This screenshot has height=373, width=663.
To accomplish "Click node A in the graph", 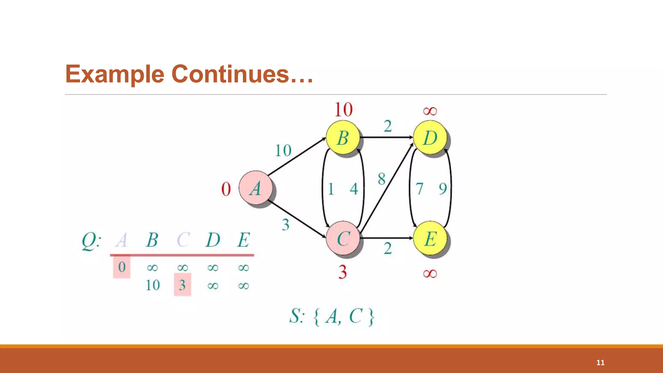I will tap(255, 188).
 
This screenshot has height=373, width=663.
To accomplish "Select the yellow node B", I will tap(343, 138).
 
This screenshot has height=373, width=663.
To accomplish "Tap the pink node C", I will tap(343, 239).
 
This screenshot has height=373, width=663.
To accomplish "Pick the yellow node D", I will tap(430, 138).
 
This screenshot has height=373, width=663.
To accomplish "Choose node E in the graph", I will tap(430, 239).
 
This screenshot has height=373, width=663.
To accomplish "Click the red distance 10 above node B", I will tap(343, 109).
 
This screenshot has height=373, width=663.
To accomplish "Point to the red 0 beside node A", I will tap(226, 189).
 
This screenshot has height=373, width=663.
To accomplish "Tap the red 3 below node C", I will tap(343, 272).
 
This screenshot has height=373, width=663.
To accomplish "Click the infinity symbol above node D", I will tap(430, 111).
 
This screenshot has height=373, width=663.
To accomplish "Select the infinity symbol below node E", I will tap(430, 274).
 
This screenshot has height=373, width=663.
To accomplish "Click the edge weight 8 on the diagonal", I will tap(382, 179).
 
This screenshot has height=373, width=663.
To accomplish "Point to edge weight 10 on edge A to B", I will tap(283, 151).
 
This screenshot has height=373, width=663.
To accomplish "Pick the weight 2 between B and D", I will tap(388, 126).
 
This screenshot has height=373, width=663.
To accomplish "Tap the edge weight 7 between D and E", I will tap(419, 189).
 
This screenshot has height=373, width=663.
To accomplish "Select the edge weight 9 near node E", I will tap(443, 189).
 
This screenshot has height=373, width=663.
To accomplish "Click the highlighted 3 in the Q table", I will tap(182, 285).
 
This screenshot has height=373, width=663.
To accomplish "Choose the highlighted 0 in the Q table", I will tap(122, 267).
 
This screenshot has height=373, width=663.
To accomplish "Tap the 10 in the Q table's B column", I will tap(152, 285).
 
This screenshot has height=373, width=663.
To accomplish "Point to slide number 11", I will tap(600, 363).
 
